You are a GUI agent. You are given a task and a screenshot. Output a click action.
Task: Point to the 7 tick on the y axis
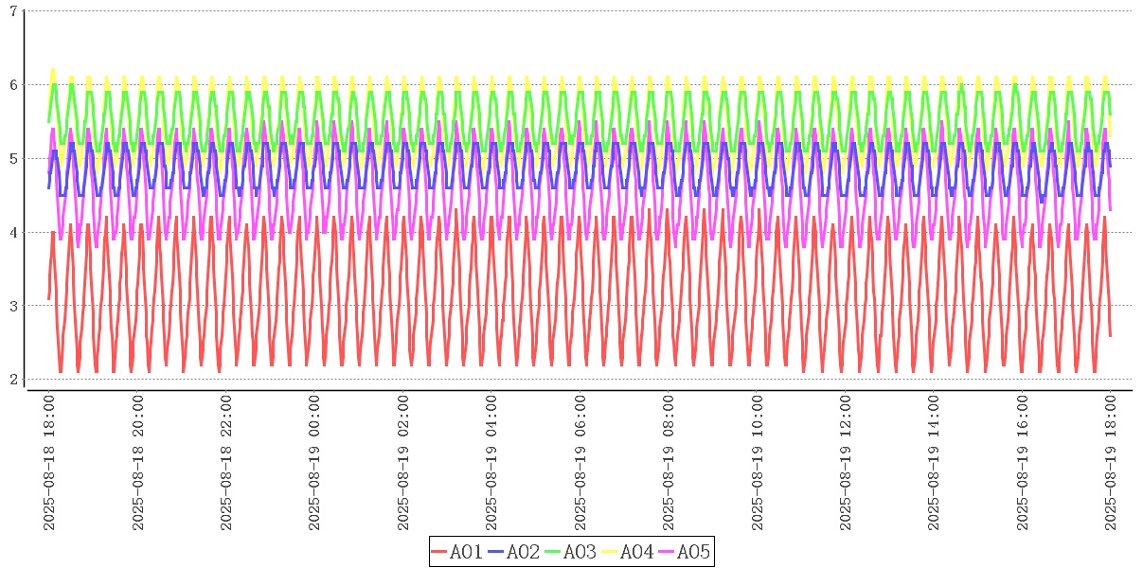[13, 10]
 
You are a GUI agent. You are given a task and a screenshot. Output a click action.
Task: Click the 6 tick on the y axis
[13, 84]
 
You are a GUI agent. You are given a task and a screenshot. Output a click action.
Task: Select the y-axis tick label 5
[13, 158]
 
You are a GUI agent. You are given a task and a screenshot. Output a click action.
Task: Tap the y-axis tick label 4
[13, 232]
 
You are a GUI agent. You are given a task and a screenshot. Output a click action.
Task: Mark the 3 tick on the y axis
[13, 306]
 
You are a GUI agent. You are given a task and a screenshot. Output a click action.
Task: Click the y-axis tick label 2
[13, 380]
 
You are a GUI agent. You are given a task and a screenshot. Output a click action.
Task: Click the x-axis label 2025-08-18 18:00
[49, 464]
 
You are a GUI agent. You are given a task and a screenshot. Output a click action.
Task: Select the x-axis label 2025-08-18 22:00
[226, 464]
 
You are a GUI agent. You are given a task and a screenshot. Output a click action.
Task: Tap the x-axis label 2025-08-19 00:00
[314, 464]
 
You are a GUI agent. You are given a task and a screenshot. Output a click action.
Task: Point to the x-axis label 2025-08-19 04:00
[491, 464]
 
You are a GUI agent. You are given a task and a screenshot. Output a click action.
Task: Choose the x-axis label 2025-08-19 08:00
[669, 464]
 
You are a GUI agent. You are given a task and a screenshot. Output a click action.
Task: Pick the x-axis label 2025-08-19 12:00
[846, 464]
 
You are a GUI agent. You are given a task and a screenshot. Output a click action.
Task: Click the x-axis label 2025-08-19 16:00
[1023, 464]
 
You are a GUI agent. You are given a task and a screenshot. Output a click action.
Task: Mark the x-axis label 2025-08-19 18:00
[1111, 464]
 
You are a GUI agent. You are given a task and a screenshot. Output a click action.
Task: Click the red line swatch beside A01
[438, 552]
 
